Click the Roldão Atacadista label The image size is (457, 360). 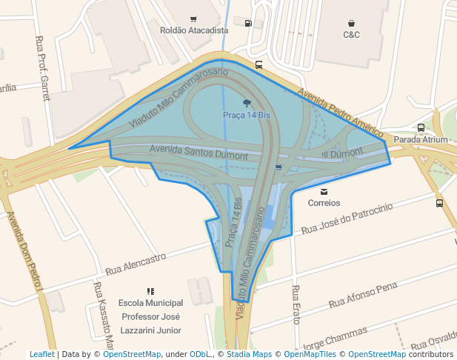194,30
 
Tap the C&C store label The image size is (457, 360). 351,35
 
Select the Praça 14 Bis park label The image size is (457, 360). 247,116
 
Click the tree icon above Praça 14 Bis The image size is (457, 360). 247,104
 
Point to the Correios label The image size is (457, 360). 324,202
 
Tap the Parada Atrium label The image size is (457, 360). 421,139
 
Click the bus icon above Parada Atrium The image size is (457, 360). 421,127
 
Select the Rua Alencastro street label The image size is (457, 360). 136,264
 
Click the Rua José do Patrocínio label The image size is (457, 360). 347,219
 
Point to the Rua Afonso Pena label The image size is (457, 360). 363,294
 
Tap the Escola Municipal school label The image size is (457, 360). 150,304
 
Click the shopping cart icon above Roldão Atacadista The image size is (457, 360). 193,19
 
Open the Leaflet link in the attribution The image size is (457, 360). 41,354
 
